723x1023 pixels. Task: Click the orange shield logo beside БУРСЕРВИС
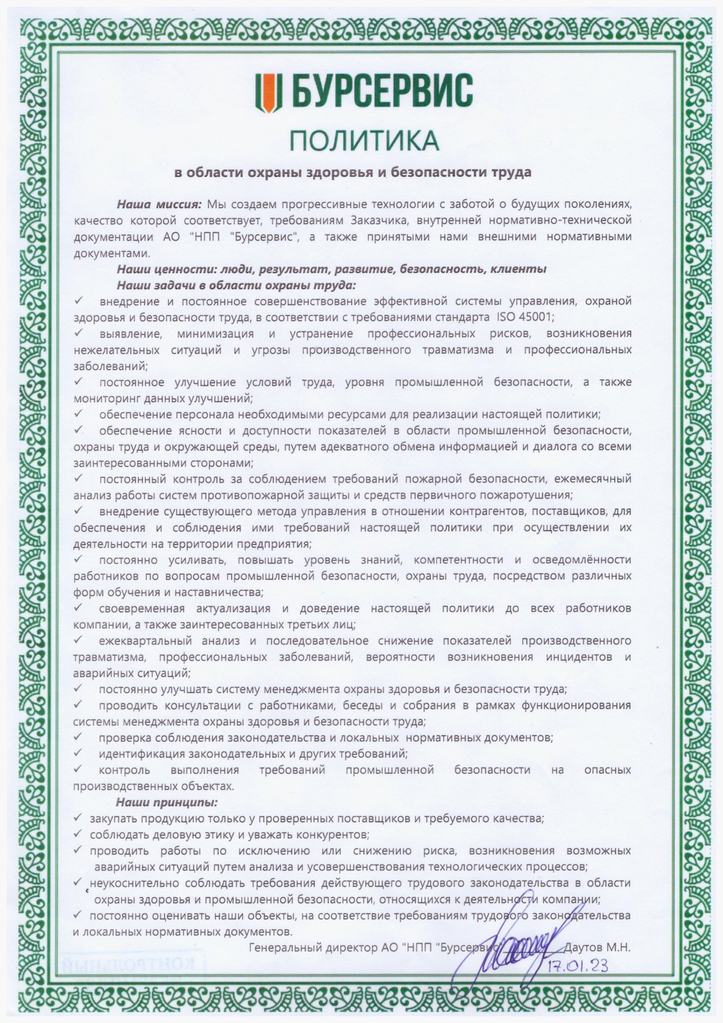click(268, 92)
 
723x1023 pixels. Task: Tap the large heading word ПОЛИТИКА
click(363, 140)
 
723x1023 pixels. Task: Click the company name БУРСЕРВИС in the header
click(383, 92)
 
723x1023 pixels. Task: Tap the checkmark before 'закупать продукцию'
click(77, 818)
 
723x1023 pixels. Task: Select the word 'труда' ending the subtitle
click(511, 173)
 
